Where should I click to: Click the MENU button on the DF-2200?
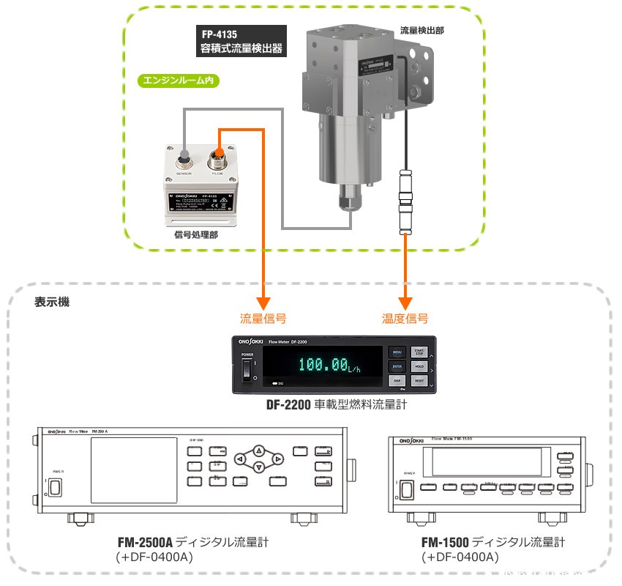(397, 352)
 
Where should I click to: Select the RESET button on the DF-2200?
(419, 381)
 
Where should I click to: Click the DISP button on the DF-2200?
(397, 381)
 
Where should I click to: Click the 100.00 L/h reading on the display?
(323, 365)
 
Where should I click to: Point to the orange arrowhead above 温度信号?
(405, 303)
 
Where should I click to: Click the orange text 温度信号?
(405, 319)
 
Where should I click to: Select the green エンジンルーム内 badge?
(179, 81)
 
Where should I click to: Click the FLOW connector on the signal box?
(217, 156)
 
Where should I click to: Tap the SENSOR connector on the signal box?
(184, 157)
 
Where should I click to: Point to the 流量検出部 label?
(423, 31)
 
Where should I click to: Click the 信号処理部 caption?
(195, 234)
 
